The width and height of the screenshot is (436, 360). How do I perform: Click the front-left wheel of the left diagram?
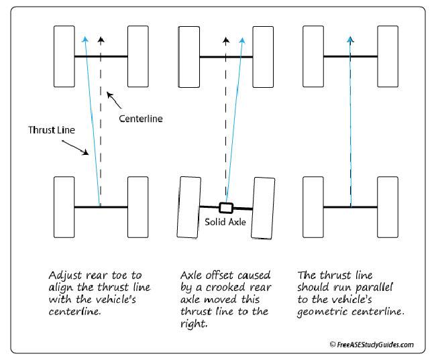(64, 56)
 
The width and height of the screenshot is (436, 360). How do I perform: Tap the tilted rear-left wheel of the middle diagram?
(188, 208)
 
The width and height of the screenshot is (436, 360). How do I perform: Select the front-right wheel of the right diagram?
(387, 56)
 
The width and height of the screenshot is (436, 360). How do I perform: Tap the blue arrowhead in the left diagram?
(85, 40)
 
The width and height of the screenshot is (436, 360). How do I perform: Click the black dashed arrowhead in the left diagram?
(101, 40)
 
